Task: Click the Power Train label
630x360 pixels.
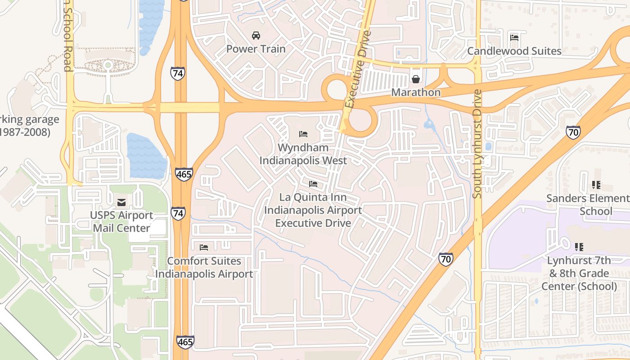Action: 256,49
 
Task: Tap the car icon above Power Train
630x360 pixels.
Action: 256,35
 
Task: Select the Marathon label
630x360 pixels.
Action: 415,92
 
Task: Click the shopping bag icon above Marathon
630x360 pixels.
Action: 415,79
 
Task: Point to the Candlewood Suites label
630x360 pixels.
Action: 514,51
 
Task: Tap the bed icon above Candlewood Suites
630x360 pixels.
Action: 514,37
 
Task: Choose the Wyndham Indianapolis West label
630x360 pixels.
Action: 303,154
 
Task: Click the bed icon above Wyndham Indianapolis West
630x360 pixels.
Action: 303,134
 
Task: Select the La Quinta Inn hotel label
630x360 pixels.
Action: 313,210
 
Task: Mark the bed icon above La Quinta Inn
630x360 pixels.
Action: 313,184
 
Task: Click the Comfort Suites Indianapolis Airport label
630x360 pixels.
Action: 204,267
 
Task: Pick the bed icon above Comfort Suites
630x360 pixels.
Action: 204,247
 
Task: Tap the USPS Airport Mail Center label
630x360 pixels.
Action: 121,221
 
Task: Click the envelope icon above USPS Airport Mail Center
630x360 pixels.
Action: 121,202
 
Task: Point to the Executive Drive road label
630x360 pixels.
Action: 358,70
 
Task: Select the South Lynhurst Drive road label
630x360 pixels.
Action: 477,144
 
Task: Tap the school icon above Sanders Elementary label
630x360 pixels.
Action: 596,185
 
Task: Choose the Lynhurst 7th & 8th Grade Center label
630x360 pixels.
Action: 579,273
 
